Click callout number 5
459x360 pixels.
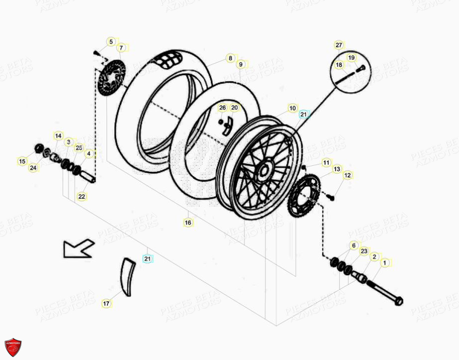111,42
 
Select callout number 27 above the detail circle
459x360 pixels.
339,45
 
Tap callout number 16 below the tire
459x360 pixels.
188,223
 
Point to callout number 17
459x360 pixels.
106,303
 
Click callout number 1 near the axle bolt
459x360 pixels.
384,262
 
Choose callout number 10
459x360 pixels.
292,108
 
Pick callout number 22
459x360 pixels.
82,197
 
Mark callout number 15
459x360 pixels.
22,161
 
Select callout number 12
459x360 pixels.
347,175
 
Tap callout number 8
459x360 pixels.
229,58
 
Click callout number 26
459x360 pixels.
223,108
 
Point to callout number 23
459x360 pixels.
364,251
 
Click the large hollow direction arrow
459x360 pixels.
78,247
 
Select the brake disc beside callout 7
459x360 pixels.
111,79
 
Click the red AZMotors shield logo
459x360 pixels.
13,347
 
